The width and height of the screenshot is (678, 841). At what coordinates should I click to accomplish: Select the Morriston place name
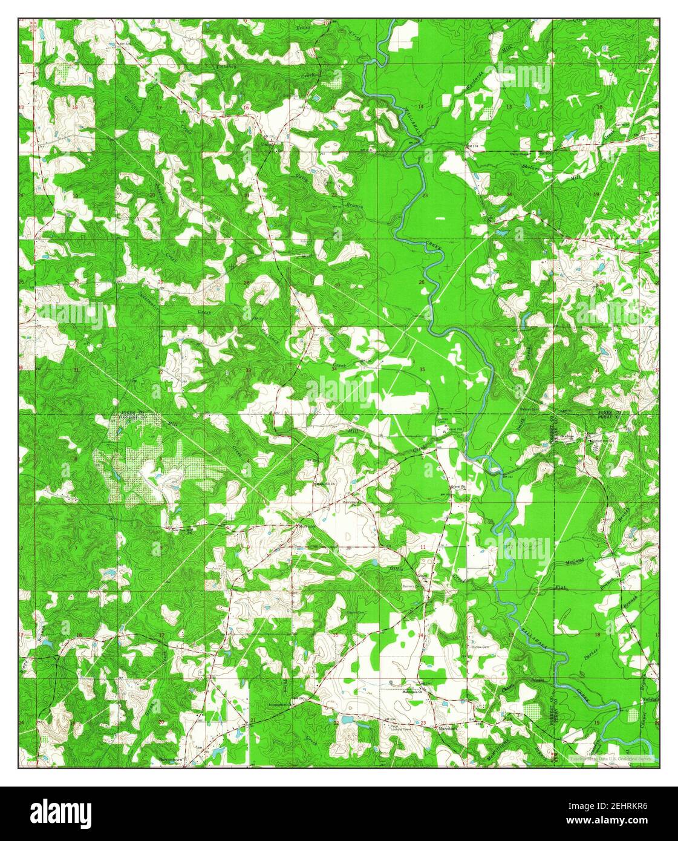click(x=306, y=526)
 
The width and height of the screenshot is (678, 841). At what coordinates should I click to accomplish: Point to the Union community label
click(x=266, y=144)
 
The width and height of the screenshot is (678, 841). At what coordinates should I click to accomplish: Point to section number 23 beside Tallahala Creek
click(x=425, y=196)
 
